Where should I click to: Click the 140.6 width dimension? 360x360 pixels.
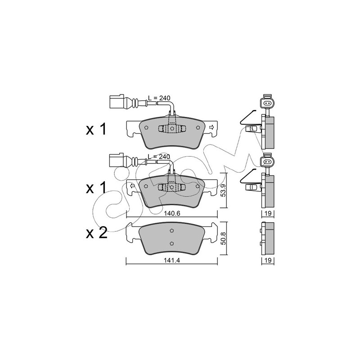[172, 213]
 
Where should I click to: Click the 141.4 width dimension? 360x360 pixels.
[172, 261]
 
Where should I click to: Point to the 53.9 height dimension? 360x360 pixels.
[223, 190]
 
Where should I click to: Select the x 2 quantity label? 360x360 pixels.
[97, 233]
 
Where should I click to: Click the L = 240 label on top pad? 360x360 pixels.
[159, 98]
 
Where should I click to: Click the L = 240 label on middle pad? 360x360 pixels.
[159, 157]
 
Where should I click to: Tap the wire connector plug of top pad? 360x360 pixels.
[117, 101]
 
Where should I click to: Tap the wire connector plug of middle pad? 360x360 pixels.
[117, 160]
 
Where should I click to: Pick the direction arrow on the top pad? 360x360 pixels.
[211, 127]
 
